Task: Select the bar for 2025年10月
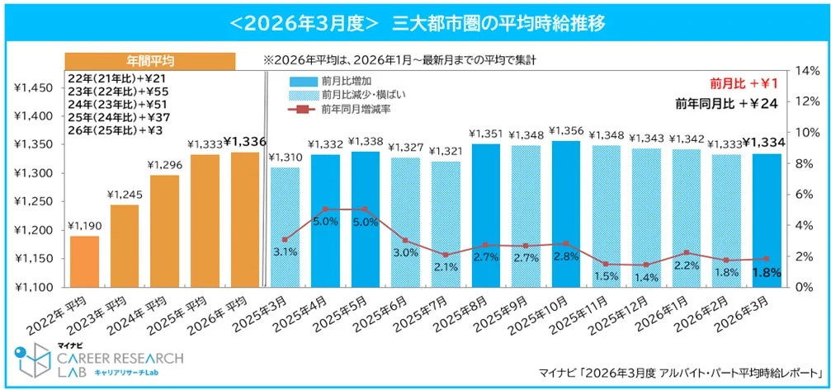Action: tap(566, 214)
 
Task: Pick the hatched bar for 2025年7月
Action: tap(446, 223)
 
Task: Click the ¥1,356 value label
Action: tap(566, 130)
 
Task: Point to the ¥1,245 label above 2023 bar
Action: tap(124, 195)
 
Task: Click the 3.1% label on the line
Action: tap(285, 251)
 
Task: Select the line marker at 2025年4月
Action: tap(325, 209)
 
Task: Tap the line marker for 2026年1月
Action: tap(687, 253)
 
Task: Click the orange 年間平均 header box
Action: tap(150, 61)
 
